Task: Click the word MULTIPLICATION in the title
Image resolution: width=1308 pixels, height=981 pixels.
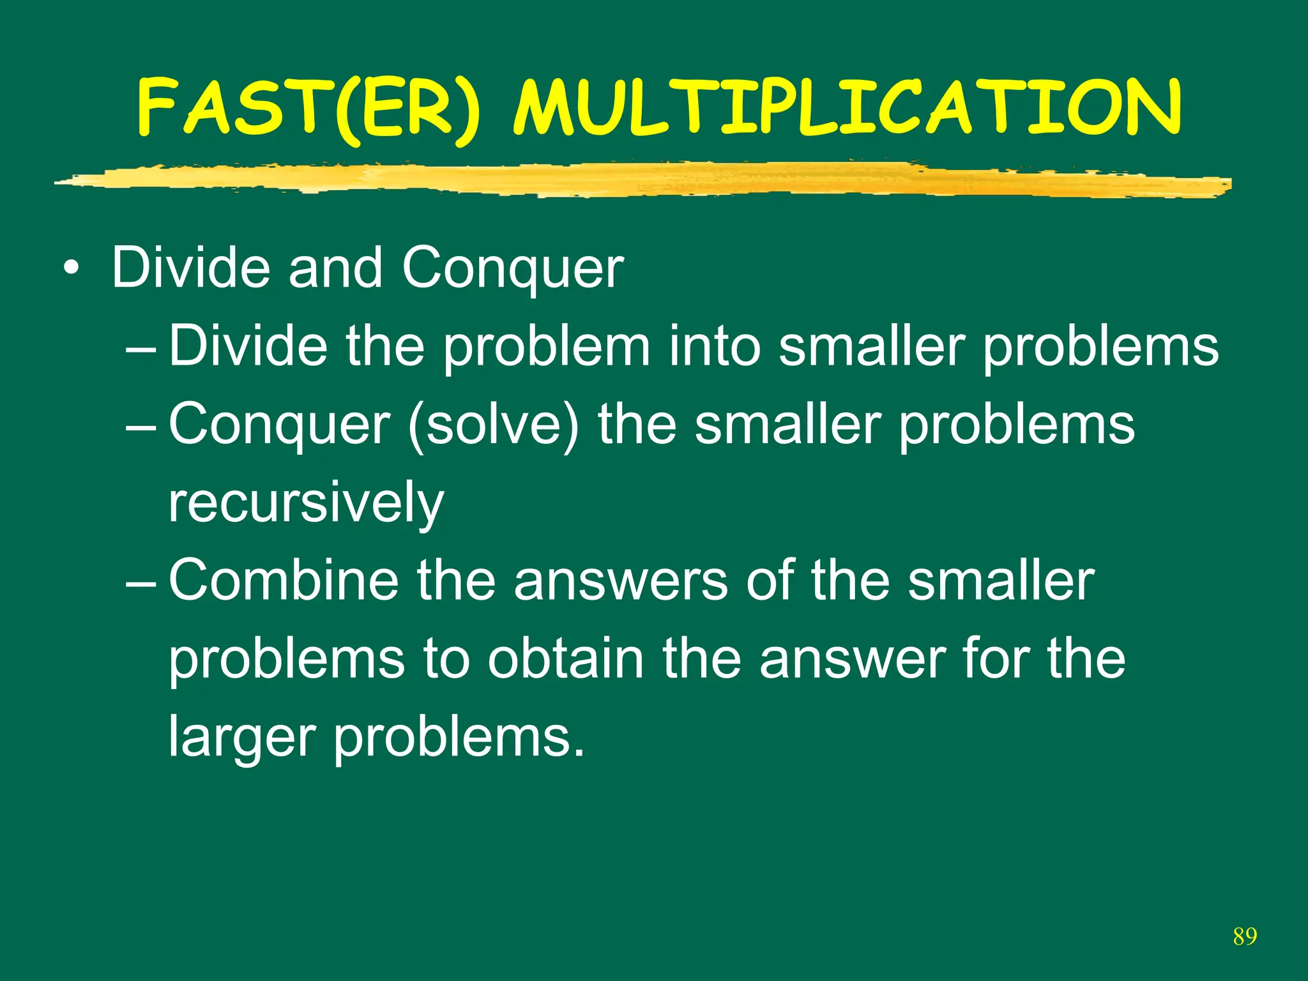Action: click(848, 109)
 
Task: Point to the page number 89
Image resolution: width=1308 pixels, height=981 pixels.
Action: click(1245, 936)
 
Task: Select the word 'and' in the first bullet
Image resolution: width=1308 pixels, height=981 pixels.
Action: click(335, 268)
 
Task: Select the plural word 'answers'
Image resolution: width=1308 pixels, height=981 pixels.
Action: click(620, 581)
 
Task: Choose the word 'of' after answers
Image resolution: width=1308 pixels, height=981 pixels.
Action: click(770, 581)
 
